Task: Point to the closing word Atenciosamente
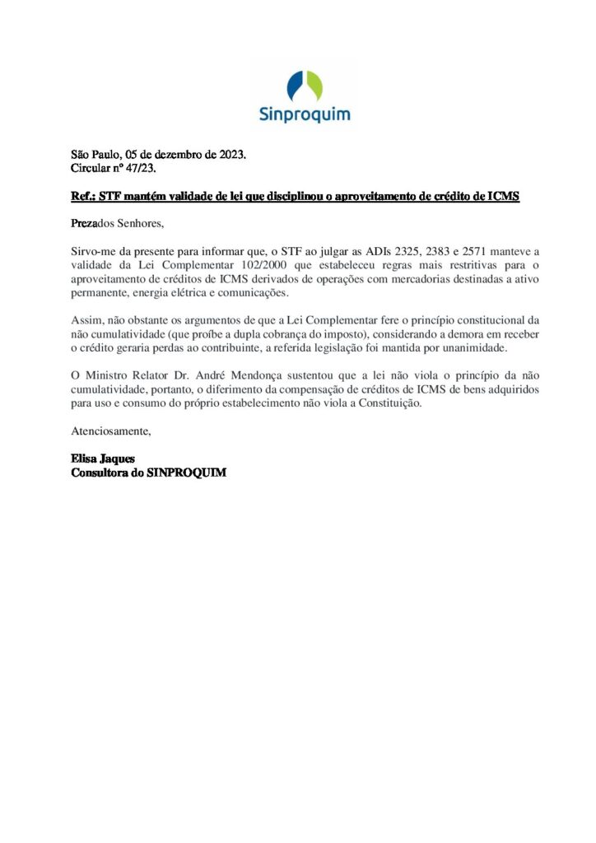(x=112, y=431)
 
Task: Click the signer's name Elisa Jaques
(x=103, y=459)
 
